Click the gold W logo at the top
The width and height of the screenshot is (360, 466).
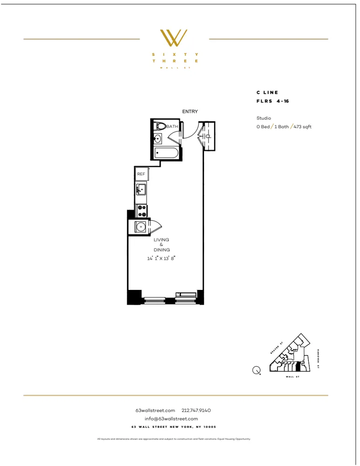(x=173, y=38)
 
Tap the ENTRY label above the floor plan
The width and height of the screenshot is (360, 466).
(x=190, y=111)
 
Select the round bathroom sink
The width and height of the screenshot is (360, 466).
(x=157, y=138)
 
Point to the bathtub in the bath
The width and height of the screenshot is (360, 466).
(x=166, y=153)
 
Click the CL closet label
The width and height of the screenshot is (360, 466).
(x=208, y=136)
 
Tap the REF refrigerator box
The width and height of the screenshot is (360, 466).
(x=141, y=174)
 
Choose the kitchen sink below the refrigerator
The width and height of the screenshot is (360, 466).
(x=141, y=190)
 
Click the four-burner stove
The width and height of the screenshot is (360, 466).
(x=142, y=211)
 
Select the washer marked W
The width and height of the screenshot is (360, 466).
(x=140, y=227)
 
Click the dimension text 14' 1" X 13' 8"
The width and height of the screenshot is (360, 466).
(x=162, y=258)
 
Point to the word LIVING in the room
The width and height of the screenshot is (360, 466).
(x=162, y=240)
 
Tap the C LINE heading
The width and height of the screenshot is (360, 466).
(x=267, y=93)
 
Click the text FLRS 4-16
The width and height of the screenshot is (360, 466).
(x=273, y=101)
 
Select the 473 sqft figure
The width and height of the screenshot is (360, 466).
(x=303, y=127)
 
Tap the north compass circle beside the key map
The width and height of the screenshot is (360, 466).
(x=256, y=370)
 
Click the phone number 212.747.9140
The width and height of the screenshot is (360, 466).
(x=196, y=411)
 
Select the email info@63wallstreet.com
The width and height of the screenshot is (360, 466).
(x=171, y=418)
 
